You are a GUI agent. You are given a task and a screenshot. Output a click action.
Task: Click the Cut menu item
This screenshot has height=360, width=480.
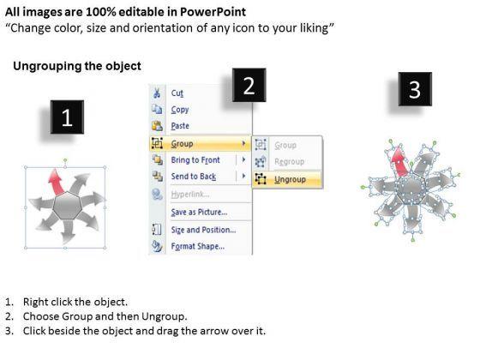[177, 93]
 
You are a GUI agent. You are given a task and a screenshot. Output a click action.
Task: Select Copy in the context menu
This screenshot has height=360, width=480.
[180, 110]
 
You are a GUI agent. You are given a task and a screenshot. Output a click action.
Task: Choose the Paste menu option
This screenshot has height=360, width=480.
[180, 126]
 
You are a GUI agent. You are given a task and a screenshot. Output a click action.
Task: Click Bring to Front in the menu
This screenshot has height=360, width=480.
[195, 159]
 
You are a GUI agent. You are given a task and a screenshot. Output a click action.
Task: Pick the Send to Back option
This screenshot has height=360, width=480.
[194, 177]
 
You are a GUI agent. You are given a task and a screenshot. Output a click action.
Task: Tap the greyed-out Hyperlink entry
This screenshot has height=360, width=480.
[190, 195]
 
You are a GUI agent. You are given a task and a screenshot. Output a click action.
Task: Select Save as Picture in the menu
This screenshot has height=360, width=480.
[199, 212]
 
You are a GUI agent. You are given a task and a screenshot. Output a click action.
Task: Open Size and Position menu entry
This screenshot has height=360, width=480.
[203, 230]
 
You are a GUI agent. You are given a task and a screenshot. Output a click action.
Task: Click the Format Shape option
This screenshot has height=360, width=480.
[198, 247]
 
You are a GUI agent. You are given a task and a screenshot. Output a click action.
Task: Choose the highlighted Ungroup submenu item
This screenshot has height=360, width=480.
[290, 179]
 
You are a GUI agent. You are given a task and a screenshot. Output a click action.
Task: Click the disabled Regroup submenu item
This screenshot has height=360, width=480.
[290, 161]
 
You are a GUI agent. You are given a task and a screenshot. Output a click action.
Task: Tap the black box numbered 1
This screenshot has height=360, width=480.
[67, 117]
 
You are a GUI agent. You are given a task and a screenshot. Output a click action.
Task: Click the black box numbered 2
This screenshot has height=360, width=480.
[249, 85]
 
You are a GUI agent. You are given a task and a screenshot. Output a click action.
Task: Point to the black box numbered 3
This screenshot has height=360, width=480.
[415, 89]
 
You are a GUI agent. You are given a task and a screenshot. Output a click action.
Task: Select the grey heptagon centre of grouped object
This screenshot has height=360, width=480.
[67, 206]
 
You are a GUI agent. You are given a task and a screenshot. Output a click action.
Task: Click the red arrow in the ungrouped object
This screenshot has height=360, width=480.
[399, 162]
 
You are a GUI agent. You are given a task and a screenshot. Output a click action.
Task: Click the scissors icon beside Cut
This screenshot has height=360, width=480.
[157, 93]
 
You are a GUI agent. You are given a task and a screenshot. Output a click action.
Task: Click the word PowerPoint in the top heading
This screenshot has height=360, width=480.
[213, 12]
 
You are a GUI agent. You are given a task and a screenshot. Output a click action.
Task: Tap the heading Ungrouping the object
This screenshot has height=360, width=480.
[77, 67]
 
